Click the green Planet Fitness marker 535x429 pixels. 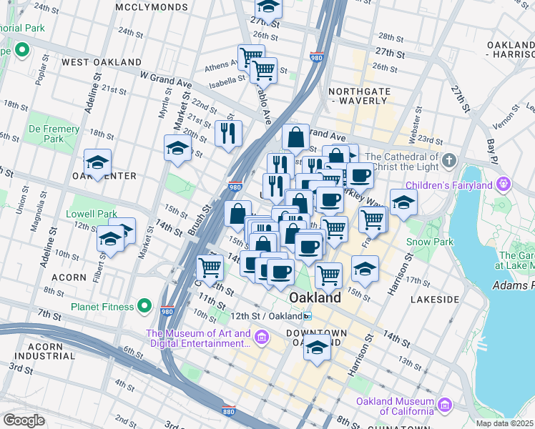coord(144,307)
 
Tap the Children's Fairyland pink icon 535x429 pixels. coord(504,184)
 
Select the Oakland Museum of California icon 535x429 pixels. coord(446,405)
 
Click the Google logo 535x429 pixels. coord(24,420)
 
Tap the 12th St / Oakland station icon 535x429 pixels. coord(307,316)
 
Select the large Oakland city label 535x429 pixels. coord(314,297)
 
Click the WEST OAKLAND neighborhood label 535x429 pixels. coord(101,62)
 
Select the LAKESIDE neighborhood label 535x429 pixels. coord(434,300)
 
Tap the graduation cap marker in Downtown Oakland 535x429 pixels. coord(317,347)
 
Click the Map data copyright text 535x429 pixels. coord(504,423)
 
